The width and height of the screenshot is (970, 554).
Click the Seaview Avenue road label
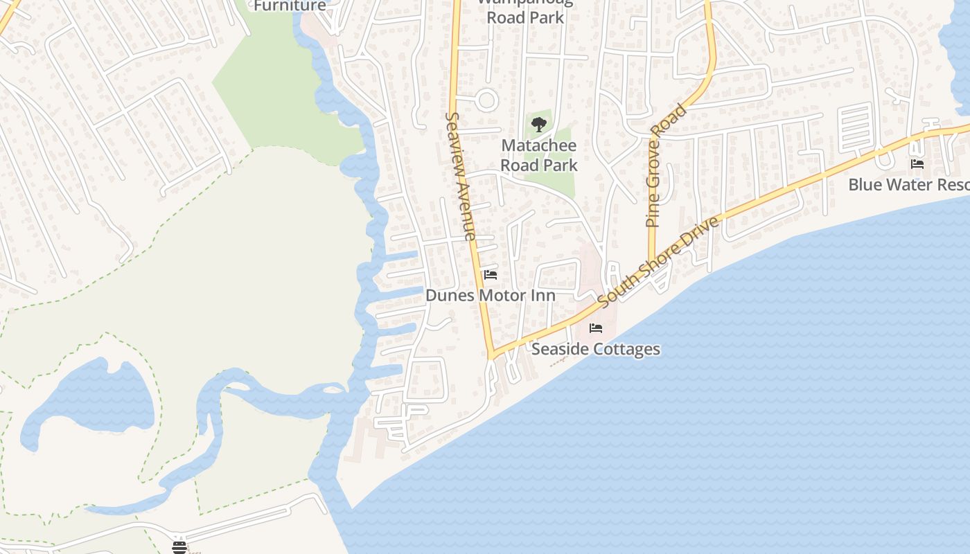461,177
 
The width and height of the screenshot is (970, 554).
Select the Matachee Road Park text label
539,155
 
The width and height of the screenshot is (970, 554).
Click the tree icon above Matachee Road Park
539,125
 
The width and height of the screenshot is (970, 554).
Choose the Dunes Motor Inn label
491,296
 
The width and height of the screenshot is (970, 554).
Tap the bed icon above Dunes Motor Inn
491,275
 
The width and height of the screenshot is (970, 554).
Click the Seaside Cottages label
596,349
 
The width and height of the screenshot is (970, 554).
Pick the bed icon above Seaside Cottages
596,328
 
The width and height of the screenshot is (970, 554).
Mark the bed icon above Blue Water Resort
917,164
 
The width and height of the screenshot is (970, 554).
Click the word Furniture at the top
290,6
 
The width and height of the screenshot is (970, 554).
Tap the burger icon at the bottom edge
179,548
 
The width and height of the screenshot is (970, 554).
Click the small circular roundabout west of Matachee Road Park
487,100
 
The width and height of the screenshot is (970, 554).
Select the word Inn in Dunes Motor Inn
544,296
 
